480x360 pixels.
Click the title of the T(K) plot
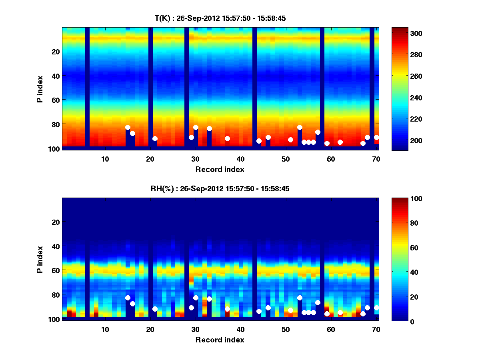coord(220,18)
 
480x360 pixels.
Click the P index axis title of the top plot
coord(40,89)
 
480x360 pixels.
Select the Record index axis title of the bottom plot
coord(220,340)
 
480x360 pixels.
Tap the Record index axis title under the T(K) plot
coord(220,169)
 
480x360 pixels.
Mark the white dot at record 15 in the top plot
coord(128,128)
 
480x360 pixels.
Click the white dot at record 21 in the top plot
coord(155,138)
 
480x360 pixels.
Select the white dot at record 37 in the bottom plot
coord(227,309)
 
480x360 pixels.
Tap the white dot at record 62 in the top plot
coord(340,142)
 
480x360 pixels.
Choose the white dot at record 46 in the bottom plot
coord(268,308)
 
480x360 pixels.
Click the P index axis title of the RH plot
coord(40,259)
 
